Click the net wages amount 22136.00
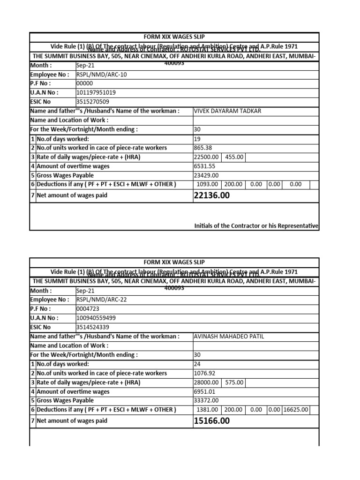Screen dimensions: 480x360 pyautogui.click(x=211, y=195)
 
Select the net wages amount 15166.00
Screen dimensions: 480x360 pyautogui.click(x=211, y=421)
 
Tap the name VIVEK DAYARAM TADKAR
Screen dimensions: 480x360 pyautogui.click(x=227, y=111)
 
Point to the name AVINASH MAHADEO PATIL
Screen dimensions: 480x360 pyautogui.click(x=229, y=337)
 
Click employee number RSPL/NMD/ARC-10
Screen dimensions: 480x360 pyautogui.click(x=101, y=75)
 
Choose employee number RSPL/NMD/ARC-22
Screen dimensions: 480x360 pyautogui.click(x=101, y=300)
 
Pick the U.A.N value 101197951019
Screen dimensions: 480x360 pyautogui.click(x=96, y=93)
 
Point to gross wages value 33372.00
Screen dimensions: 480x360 pyautogui.click(x=206, y=400)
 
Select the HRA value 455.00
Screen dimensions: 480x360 pyautogui.click(x=234, y=157)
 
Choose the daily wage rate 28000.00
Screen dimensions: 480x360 pyautogui.click(x=207, y=382)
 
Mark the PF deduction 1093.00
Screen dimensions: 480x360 pyautogui.click(x=207, y=184)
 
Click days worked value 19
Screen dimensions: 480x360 pyautogui.click(x=197, y=139)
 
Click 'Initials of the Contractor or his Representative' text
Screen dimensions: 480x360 pyautogui.click(x=256, y=226)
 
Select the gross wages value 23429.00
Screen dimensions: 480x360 pyautogui.click(x=206, y=175)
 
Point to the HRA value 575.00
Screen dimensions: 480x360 pyautogui.click(x=234, y=382)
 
